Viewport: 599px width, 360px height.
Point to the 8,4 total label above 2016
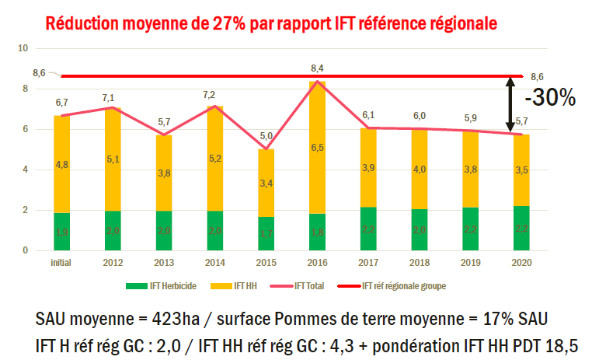click(317, 68)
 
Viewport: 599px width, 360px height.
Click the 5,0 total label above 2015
click(266, 136)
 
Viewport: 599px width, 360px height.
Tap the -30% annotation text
click(549, 98)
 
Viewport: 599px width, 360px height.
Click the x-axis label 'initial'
click(61, 263)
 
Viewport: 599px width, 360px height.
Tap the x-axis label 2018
click(420, 263)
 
